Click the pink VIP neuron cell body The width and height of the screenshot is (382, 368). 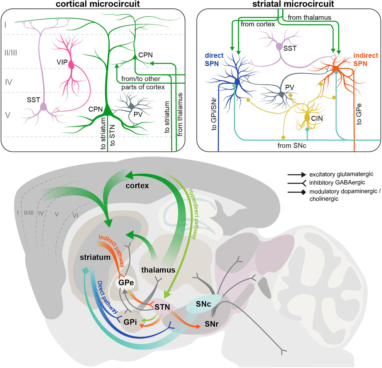point(71,65)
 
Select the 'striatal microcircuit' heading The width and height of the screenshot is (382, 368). point(293,4)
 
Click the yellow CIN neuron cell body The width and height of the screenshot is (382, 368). point(307,117)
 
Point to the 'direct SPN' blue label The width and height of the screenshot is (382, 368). point(214,60)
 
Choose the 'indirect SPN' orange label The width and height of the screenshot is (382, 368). point(365,60)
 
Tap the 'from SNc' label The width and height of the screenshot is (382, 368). point(291,146)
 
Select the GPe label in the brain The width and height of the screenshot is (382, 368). point(126,283)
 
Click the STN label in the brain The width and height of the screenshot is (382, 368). point(162,307)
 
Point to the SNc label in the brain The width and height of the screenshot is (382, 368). point(203,304)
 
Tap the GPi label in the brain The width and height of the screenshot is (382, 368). point(130,322)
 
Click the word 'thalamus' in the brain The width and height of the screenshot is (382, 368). point(158,270)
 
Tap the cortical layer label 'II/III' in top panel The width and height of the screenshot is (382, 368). point(11,53)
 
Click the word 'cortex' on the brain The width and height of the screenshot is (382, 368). point(137,185)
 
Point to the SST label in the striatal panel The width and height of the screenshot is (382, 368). point(290,48)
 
